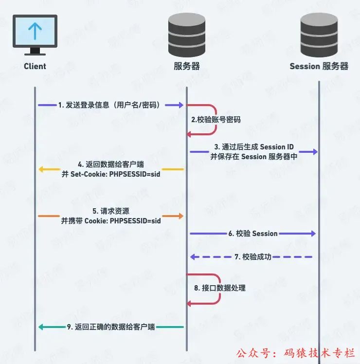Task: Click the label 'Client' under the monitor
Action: [35, 66]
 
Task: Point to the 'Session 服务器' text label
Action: [319, 66]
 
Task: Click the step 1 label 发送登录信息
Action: [111, 105]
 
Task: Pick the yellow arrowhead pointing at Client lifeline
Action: [42, 169]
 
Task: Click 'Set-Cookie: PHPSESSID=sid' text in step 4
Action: [111, 174]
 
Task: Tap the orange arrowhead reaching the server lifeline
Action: [180, 216]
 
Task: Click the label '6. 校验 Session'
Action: [253, 234]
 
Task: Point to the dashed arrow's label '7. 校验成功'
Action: [253, 256]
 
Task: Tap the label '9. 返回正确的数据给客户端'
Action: [111, 327]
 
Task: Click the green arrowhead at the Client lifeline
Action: [42, 327]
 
